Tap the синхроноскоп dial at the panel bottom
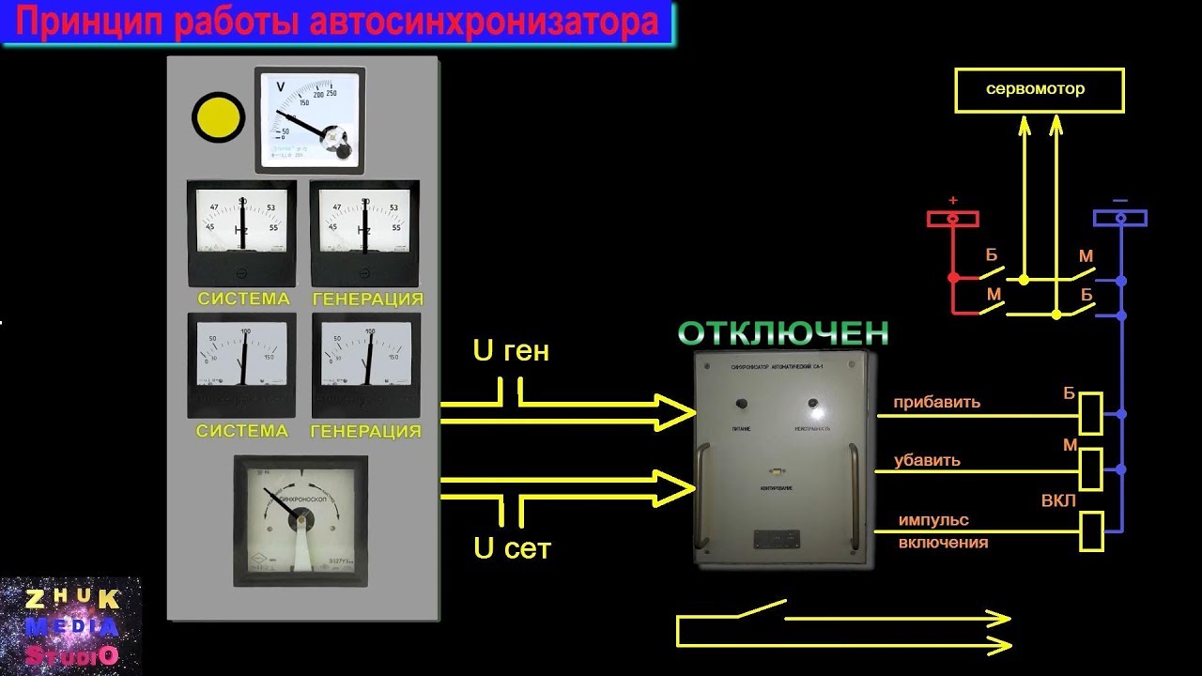(x=300, y=519)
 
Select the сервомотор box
(x=1039, y=91)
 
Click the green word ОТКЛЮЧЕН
(x=782, y=332)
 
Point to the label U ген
(x=511, y=352)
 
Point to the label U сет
(x=512, y=549)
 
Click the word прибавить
(x=936, y=403)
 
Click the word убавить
(x=927, y=461)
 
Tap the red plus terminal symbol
(x=953, y=219)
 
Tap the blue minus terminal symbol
(x=1119, y=219)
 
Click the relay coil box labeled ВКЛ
(x=1091, y=530)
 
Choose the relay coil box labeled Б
(x=1091, y=413)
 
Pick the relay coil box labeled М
(x=1091, y=469)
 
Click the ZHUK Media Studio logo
(x=70, y=626)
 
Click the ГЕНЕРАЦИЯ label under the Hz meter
(x=366, y=300)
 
